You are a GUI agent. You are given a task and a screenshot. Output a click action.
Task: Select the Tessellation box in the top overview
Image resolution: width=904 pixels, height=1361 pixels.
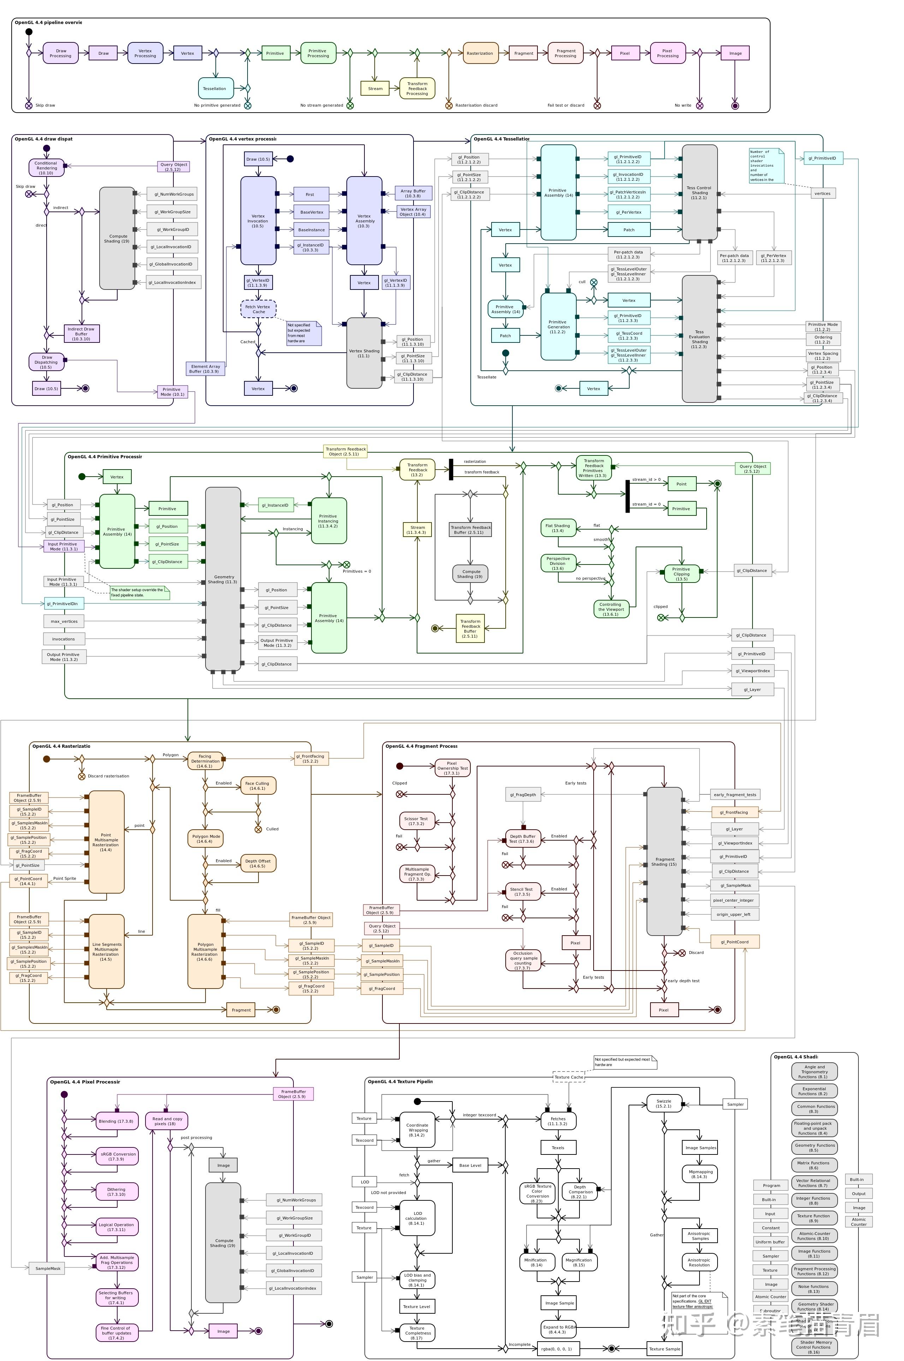click(215, 88)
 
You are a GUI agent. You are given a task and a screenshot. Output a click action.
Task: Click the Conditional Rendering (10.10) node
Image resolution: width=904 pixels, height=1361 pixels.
click(46, 168)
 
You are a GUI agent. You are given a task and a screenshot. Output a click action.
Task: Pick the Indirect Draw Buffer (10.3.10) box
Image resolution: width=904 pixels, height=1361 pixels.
click(81, 334)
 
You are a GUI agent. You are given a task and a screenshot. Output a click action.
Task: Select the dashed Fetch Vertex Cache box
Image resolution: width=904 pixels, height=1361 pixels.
click(258, 309)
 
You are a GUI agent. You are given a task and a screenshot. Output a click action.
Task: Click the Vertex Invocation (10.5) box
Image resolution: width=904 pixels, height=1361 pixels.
click(258, 221)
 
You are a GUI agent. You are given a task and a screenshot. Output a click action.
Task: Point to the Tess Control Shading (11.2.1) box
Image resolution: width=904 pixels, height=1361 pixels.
click(699, 192)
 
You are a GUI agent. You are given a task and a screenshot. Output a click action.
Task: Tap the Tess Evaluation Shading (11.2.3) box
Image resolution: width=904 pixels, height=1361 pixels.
click(699, 339)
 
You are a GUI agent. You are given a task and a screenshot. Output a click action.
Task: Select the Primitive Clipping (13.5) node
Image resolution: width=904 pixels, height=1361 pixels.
click(682, 574)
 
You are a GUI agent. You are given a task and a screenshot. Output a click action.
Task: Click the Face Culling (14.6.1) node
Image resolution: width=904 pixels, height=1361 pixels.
click(258, 785)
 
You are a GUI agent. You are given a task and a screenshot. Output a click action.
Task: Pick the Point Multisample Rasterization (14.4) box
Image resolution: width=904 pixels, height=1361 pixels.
click(106, 842)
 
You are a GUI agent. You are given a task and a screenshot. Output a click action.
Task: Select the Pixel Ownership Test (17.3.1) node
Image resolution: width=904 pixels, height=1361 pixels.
click(452, 768)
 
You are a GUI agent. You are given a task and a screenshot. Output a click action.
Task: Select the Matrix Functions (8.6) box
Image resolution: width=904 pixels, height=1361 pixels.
click(814, 1165)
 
